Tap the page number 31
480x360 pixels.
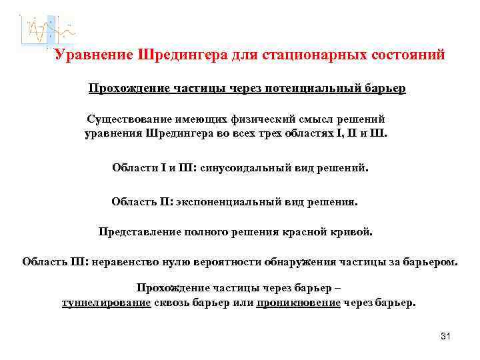(x=446, y=336)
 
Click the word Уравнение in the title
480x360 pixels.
(x=93, y=55)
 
